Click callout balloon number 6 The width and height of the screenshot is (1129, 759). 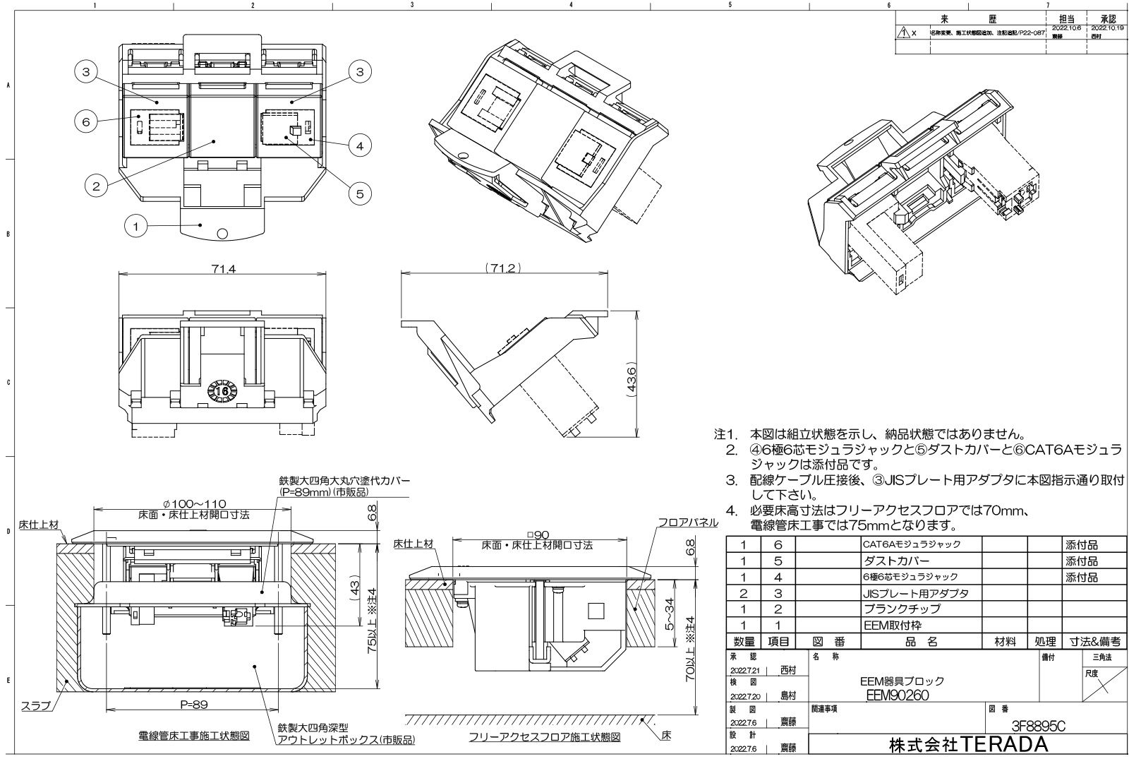(86, 121)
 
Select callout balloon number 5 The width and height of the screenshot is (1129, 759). (360, 193)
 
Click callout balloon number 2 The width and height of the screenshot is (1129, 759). (96, 186)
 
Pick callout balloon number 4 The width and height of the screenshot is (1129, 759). (360, 146)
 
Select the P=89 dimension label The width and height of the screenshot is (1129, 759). (193, 704)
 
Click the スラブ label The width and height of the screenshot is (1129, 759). (35, 705)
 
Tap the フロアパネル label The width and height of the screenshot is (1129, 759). (687, 522)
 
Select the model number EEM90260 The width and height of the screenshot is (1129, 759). (897, 695)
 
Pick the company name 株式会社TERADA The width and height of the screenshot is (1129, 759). (968, 745)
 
